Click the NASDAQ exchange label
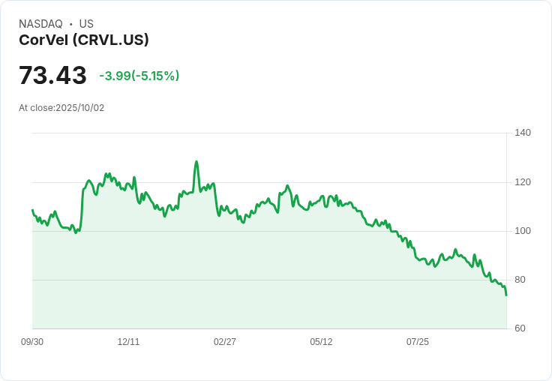pos(40,24)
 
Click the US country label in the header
pos(86,24)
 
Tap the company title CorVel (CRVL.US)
pos(84,40)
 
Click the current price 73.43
pos(52,76)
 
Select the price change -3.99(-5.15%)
pos(139,76)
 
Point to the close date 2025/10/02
pos(80,108)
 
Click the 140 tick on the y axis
pos(523,133)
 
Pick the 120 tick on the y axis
pos(523,182)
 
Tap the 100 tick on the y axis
pos(523,231)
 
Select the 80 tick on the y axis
pos(520,280)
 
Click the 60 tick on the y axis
pos(520,328)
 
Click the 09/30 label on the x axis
pos(32,342)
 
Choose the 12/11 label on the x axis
pos(129,342)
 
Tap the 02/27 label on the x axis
pos(225,342)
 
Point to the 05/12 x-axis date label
pos(321,342)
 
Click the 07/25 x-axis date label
pos(418,342)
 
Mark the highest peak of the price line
pos(196,161)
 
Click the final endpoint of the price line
pos(506,295)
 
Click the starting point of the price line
pos(32,210)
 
